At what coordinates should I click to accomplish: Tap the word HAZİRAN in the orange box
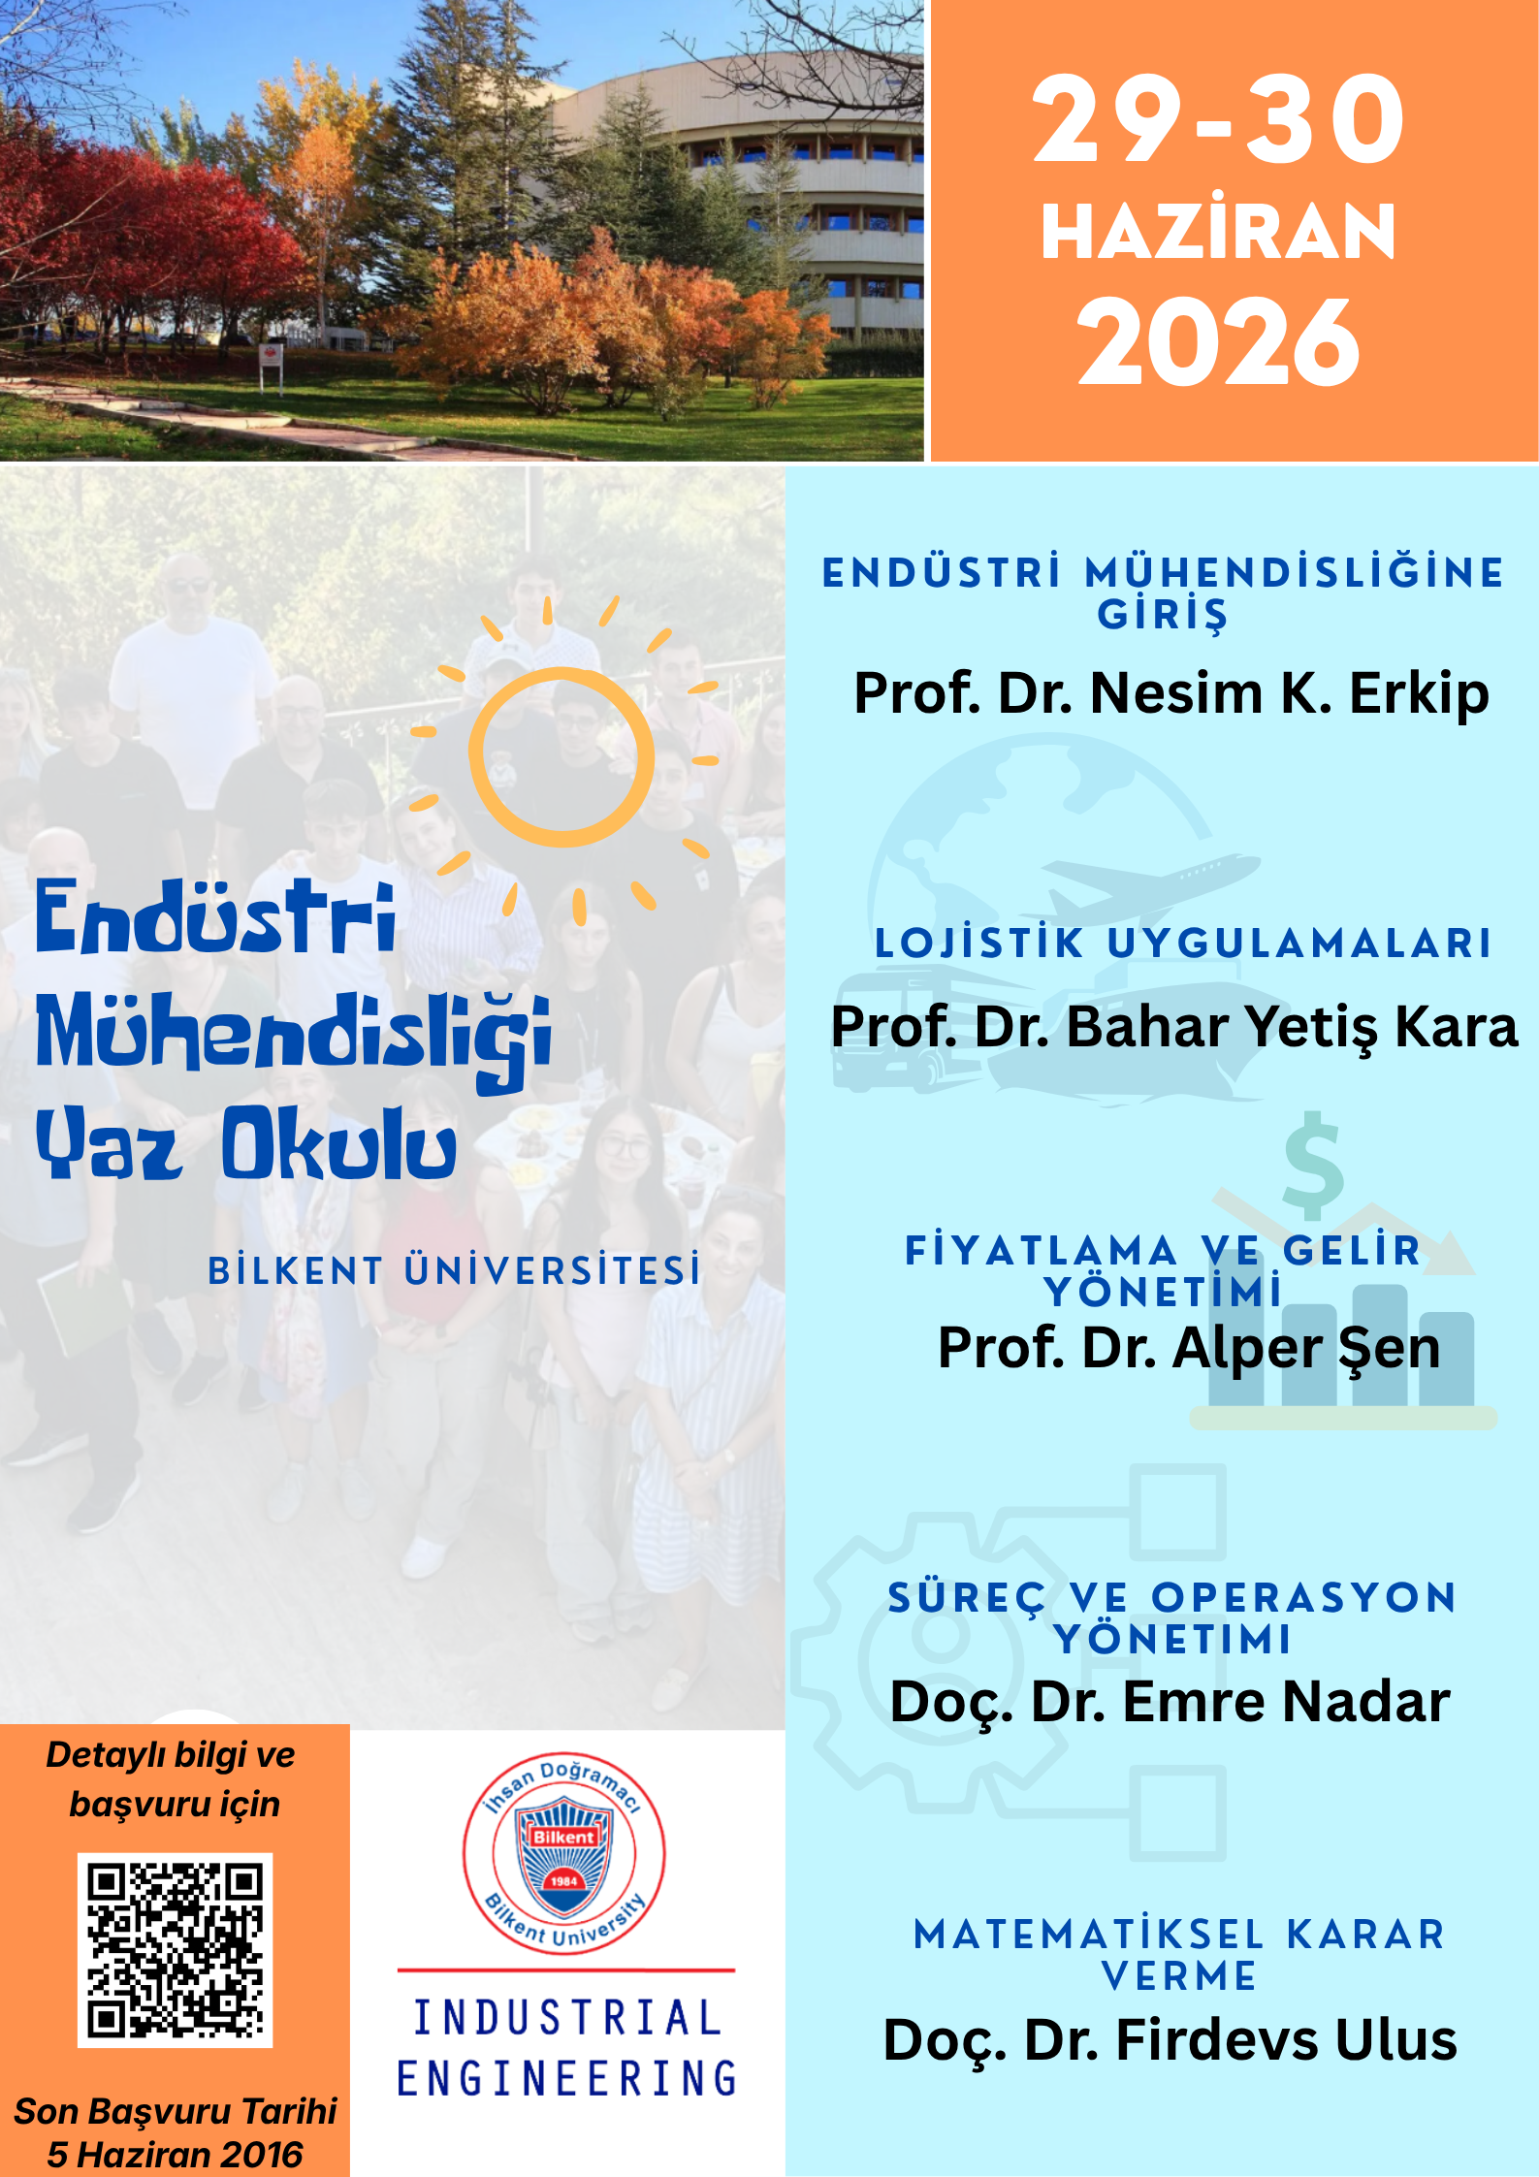coord(1218,232)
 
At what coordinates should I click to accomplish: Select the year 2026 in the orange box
coord(1219,342)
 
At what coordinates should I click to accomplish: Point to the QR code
coord(175,1950)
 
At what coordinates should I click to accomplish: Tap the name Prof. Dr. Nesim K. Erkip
coord(1170,694)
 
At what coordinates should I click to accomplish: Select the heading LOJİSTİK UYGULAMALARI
coord(1182,944)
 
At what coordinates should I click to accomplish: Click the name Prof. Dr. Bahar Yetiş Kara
coord(1173,1028)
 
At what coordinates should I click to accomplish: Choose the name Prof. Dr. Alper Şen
coord(1189,1349)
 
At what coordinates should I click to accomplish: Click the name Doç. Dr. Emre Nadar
coord(1170,1703)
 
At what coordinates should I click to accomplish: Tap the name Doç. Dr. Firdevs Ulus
coord(1170,2040)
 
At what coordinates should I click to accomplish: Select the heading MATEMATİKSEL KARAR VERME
coord(1180,1955)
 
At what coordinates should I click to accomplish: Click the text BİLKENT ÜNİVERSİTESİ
coord(454,1270)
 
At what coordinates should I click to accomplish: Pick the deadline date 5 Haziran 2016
coord(175,2155)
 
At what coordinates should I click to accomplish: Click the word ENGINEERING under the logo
coord(567,2078)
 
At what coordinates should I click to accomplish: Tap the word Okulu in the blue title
coord(339,1144)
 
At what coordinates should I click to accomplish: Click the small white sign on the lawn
coord(272,358)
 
